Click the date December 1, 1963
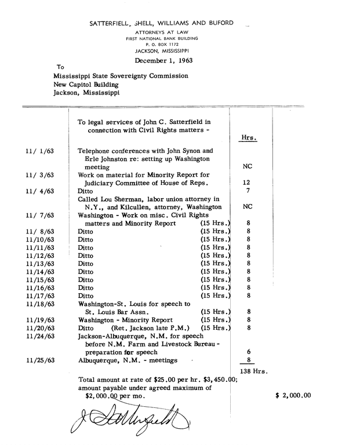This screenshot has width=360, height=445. pyautogui.click(x=164, y=60)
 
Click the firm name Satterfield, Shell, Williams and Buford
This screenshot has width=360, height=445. pyautogui.click(x=162, y=23)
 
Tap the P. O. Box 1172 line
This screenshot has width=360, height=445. pyautogui.click(x=162, y=44)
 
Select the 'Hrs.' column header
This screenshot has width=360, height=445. pyautogui.click(x=248, y=138)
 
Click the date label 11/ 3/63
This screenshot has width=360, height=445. pyautogui.click(x=39, y=174)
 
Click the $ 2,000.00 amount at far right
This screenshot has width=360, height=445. pyautogui.click(x=293, y=396)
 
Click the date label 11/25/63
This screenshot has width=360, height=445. pyautogui.click(x=39, y=359)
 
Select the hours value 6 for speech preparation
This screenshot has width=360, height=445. pyautogui.click(x=248, y=352)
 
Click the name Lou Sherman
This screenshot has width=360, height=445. pyautogui.click(x=118, y=198)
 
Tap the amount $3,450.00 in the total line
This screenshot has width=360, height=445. pyautogui.click(x=215, y=380)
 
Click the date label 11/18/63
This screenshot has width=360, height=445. pyautogui.click(x=39, y=303)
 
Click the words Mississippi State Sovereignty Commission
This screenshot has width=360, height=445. pyautogui.click(x=121, y=76)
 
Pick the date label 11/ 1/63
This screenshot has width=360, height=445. pyautogui.click(x=39, y=150)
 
